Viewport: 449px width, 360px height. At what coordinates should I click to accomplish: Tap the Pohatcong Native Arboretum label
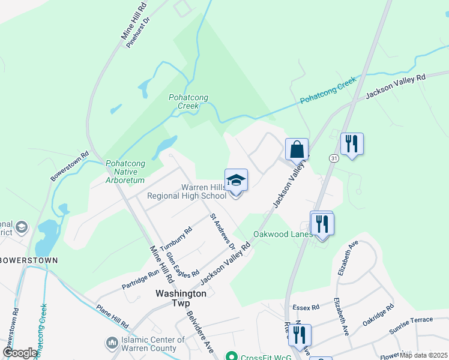click(125, 172)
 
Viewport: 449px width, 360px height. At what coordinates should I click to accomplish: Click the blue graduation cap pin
click(236, 181)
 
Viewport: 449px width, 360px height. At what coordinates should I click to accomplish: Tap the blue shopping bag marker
click(297, 149)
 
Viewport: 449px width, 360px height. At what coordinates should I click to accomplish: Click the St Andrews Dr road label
click(221, 231)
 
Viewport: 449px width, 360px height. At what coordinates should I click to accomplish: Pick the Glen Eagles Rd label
click(182, 265)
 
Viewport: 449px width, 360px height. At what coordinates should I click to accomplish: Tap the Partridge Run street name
click(141, 280)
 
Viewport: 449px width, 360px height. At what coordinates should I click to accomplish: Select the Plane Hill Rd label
click(112, 317)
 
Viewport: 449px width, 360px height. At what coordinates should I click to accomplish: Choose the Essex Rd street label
click(306, 308)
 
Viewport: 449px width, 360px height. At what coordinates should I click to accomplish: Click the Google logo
click(20, 353)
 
